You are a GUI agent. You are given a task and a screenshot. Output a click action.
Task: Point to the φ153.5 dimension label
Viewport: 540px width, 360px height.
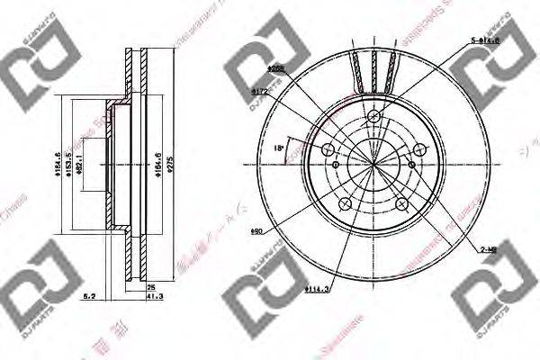click(68, 161)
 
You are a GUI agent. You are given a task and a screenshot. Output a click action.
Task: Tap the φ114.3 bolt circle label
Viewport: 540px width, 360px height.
click(315, 288)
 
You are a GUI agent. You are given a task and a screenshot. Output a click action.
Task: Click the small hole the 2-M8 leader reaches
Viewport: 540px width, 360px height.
click(411, 165)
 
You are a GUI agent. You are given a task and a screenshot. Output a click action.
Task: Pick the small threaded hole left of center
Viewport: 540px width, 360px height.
click(336, 165)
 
